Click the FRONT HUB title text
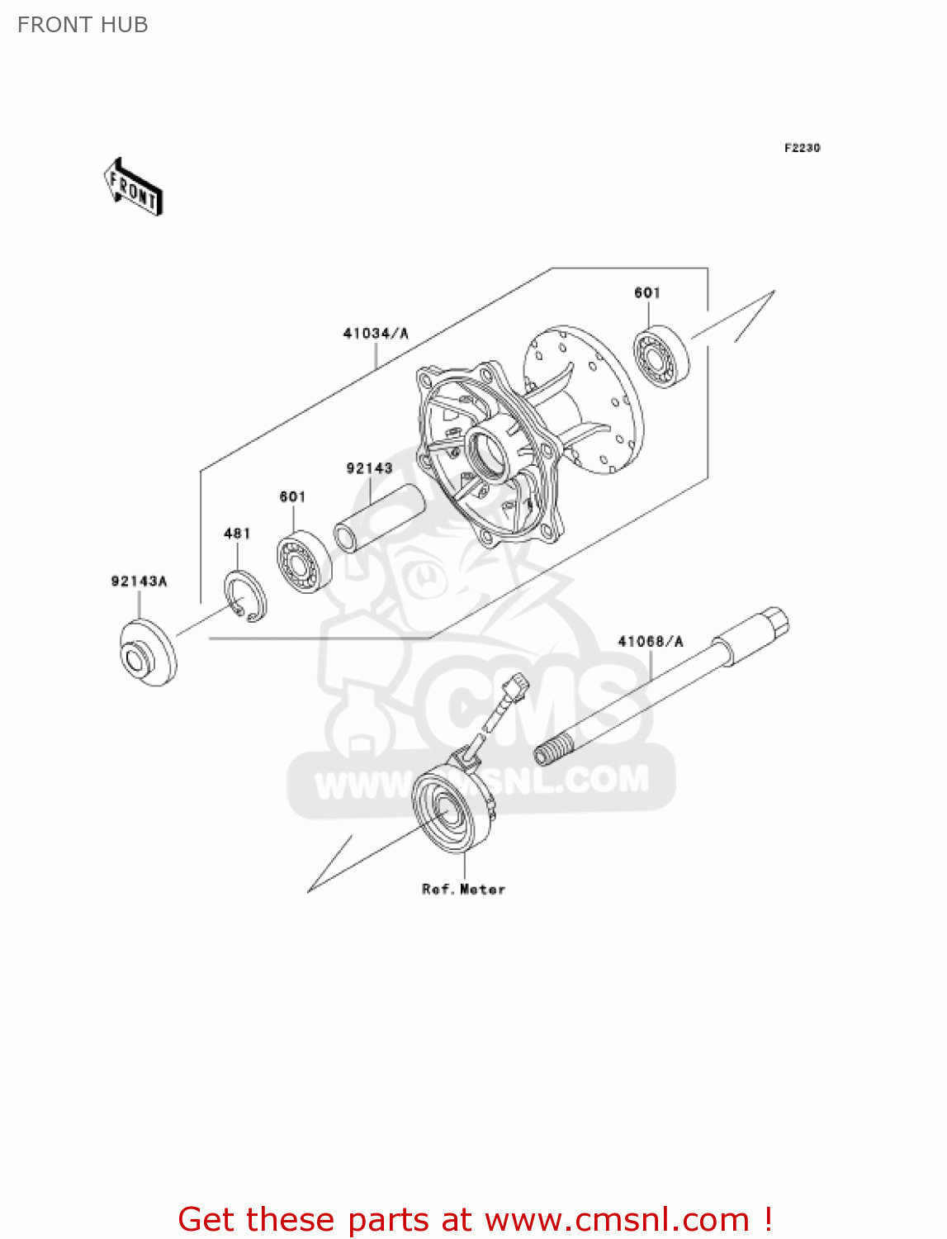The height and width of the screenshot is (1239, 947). (83, 25)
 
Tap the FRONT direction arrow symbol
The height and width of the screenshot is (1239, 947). (133, 188)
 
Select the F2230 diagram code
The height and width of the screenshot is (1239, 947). (802, 148)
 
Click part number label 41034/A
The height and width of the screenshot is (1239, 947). (376, 334)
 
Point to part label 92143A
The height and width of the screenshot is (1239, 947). (139, 582)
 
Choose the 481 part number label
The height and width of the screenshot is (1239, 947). (237, 534)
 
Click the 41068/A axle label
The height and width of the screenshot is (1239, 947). (651, 641)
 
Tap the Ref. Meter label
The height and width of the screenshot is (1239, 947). (463, 890)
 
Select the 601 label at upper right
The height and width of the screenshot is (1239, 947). (647, 292)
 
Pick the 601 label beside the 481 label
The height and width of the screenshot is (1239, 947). (292, 496)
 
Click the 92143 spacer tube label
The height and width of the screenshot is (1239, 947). (369, 468)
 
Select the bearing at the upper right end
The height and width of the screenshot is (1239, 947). (662, 358)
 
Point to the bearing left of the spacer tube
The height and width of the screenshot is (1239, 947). (304, 562)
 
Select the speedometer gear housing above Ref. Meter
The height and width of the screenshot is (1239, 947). (453, 805)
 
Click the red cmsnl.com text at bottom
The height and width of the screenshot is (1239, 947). (475, 1219)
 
